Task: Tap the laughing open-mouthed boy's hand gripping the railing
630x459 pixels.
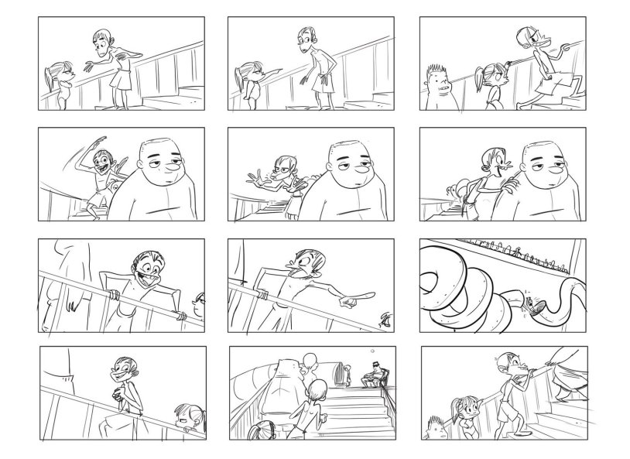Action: (x=113, y=294)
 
